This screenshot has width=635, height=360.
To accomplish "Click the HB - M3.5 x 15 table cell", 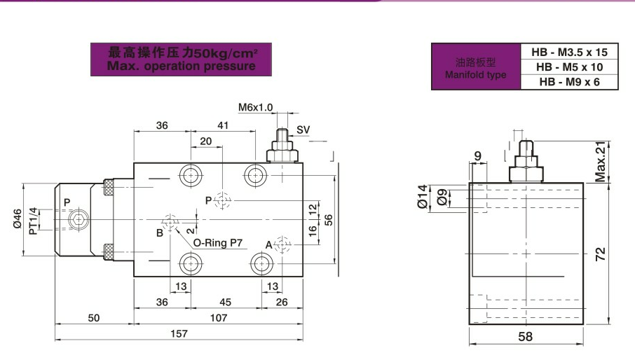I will [570, 53].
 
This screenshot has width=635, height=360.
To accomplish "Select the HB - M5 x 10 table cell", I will [570, 67].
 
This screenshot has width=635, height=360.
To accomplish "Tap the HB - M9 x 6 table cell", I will [570, 82].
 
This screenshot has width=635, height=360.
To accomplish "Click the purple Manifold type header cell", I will [476, 67].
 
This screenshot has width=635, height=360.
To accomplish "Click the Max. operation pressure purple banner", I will [182, 60].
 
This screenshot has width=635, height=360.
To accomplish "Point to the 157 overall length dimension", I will [179, 334].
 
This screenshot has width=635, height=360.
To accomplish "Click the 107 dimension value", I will [219, 318].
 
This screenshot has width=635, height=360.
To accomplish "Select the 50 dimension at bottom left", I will [94, 318].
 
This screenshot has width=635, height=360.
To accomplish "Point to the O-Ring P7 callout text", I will [217, 244].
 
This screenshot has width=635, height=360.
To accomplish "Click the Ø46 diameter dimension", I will [18, 220].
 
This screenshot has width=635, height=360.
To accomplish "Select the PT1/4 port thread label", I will [33, 220].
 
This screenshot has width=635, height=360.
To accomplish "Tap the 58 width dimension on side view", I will [525, 337].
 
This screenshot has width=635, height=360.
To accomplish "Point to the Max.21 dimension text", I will [600, 162].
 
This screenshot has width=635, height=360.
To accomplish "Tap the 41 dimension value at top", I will [223, 126].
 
